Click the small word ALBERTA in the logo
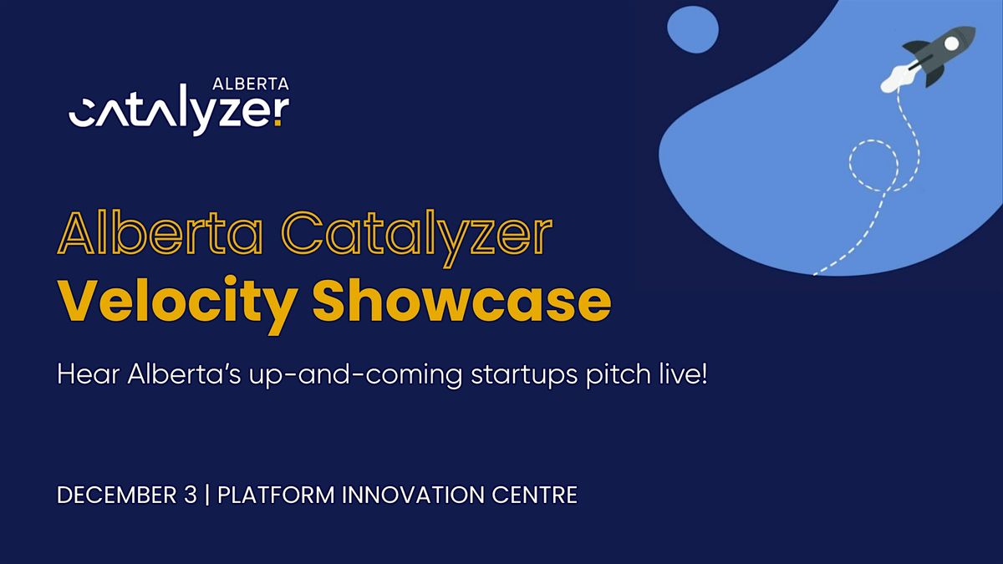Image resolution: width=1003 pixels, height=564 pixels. coord(252,84)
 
